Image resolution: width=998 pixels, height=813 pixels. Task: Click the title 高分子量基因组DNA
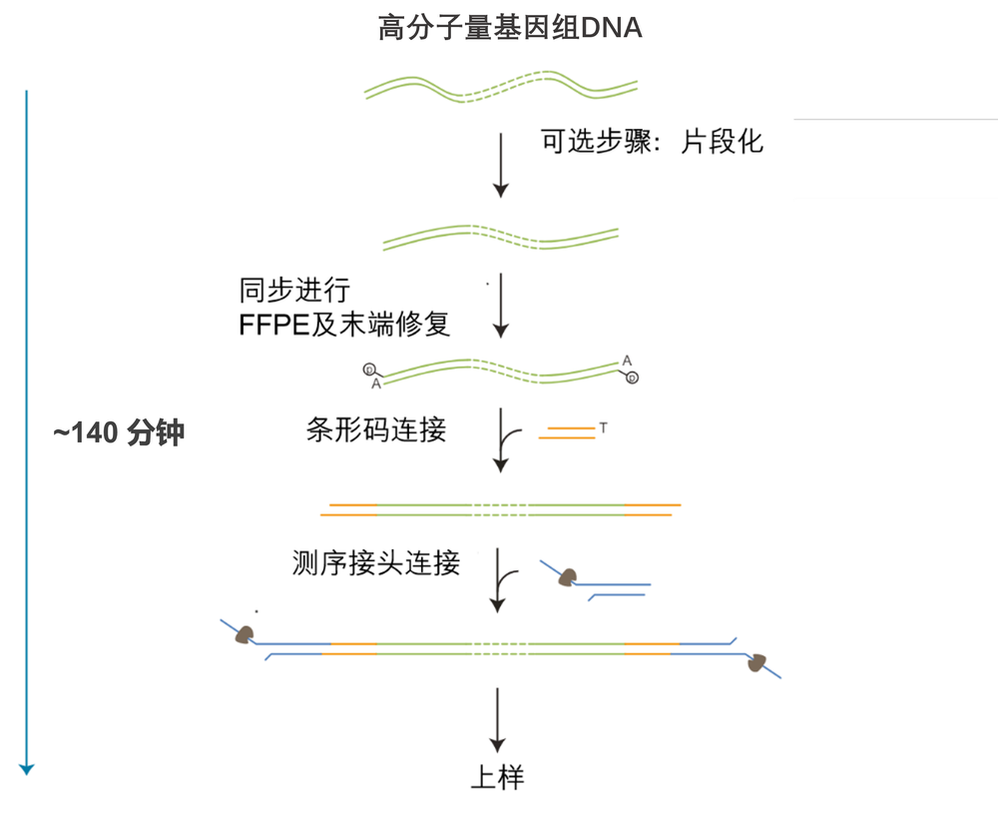coord(509,28)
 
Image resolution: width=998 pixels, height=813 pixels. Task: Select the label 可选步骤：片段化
coord(652,141)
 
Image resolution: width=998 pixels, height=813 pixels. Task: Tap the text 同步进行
coord(294,291)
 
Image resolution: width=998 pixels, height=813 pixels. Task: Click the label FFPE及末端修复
coord(344,324)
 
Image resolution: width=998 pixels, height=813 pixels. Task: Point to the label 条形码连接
coord(376,429)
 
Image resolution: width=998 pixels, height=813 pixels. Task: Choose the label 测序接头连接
coord(376,563)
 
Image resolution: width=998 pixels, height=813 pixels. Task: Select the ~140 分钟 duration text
coord(119,433)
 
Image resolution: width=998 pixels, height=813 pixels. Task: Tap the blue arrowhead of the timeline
coord(27,767)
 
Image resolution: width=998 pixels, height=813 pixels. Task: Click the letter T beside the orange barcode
coord(604,428)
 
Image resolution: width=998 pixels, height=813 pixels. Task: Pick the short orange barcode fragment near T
coord(566,432)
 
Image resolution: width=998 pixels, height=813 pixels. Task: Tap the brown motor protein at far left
coord(243,634)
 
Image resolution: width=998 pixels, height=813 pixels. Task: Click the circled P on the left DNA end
coord(368,369)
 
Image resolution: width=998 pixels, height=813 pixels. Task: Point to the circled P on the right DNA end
coord(632,378)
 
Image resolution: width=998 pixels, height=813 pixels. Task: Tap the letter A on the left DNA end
coord(376,384)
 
